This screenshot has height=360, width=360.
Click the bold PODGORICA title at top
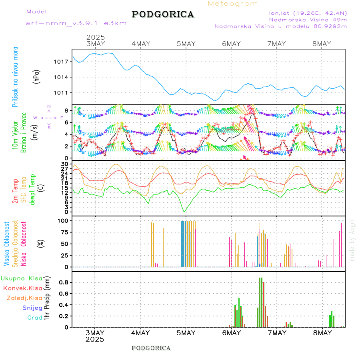pos(163,14)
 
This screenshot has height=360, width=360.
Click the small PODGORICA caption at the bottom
pos(151,348)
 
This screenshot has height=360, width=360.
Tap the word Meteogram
pos(233,4)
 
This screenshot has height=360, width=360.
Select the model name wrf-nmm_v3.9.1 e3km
pos(76,23)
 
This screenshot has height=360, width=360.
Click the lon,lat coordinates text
pos(308,13)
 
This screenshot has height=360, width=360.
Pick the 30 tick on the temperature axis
pos(65,164)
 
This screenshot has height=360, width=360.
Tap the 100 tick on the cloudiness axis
pos(64,220)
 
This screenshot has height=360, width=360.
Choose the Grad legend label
pos(35,318)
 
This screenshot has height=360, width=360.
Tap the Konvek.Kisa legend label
pos(23,288)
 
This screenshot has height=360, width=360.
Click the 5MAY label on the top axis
pos(186,44)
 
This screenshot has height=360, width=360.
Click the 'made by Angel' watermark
pos(352,240)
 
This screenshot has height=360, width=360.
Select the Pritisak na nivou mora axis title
pos(15,76)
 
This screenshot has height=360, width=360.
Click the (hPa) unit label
pos(36,76)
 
